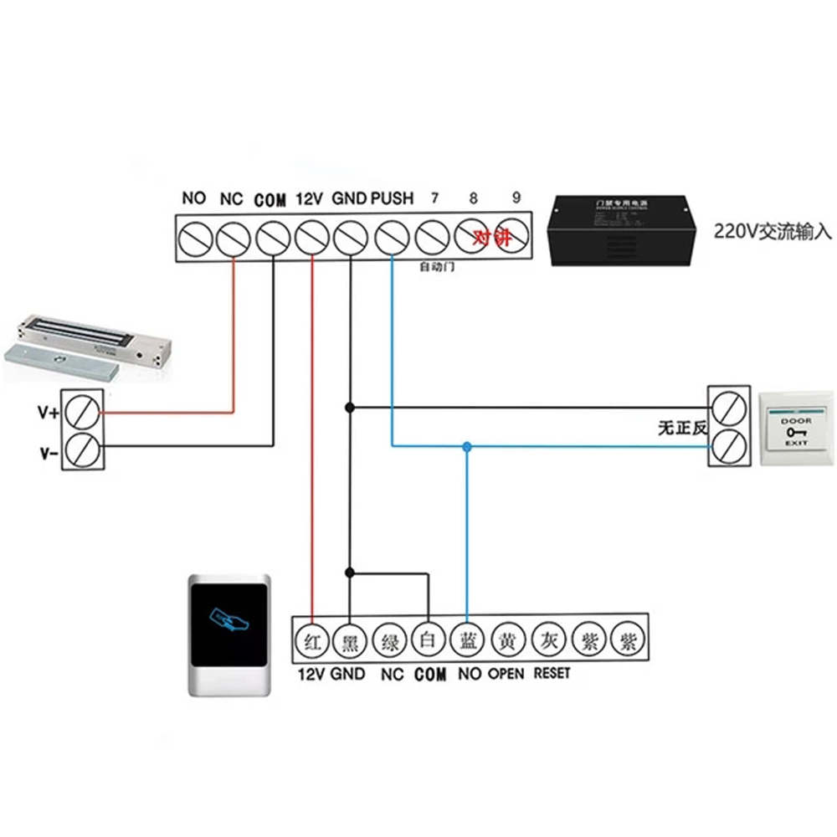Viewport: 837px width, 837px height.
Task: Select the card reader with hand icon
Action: [x=229, y=634]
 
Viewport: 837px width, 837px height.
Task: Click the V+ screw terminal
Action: [x=84, y=411]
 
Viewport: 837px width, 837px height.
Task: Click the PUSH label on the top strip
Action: [x=392, y=198]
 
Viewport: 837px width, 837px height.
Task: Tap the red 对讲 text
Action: [x=491, y=238]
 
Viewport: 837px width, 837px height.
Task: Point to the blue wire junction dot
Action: [x=467, y=447]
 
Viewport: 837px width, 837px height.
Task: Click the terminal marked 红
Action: [x=311, y=642]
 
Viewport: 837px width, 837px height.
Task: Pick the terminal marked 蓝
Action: [x=467, y=642]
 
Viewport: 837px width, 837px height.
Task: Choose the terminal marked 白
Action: [x=428, y=642]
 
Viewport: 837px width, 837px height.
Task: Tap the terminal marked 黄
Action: [x=506, y=642]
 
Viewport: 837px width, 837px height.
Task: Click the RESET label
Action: [x=552, y=673]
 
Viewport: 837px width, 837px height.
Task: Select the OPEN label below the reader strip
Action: [x=506, y=673]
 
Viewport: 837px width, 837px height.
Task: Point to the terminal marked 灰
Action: [x=546, y=642]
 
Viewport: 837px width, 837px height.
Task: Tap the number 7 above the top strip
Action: [x=434, y=198]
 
